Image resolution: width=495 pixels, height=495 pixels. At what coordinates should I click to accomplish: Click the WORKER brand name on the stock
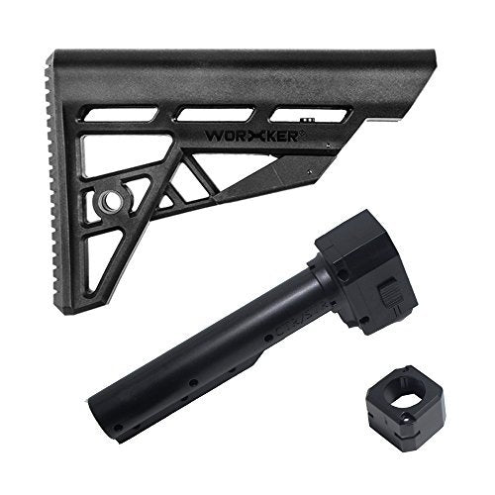[x=252, y=136]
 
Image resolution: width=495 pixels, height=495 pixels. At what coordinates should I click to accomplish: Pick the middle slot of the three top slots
[x=216, y=114]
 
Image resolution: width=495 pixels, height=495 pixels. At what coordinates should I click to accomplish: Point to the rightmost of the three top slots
[x=310, y=114]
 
